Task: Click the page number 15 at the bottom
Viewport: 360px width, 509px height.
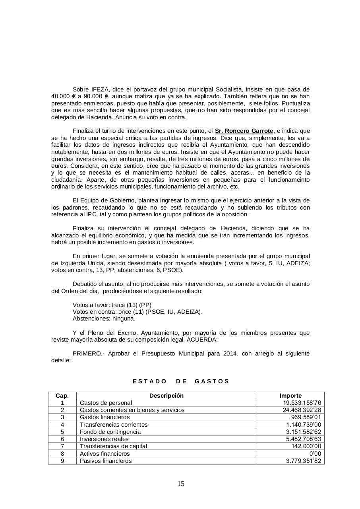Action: coord(180,484)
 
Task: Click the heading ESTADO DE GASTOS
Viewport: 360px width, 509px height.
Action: coord(181,381)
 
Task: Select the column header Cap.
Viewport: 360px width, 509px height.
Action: coord(62,396)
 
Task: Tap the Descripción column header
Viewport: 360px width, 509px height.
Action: coord(166,396)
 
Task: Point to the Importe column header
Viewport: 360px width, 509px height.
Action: coord(290,396)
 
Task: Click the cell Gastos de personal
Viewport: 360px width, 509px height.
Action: coord(106,403)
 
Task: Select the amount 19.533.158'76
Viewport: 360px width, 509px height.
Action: coord(302,403)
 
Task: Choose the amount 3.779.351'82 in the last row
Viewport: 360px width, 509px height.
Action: coord(303,461)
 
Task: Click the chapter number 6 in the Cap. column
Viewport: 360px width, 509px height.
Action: coord(62,439)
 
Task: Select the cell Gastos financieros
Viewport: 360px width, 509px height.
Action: coord(105,417)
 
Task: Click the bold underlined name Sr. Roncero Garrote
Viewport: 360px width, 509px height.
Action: coord(244,131)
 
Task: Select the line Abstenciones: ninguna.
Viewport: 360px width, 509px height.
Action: coord(104,319)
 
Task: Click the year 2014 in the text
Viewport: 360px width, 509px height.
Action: coord(231,354)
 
